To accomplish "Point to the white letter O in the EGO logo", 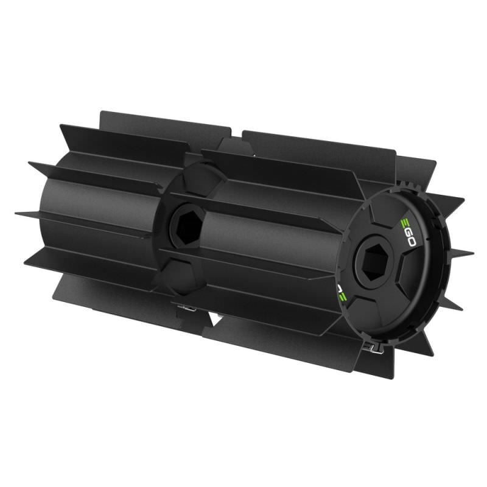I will point(410,242).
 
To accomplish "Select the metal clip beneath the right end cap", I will point(371,348).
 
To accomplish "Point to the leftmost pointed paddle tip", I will point(17,213).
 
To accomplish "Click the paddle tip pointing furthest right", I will point(472,251).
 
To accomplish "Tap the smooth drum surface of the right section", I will point(268,243).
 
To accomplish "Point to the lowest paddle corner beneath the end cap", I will point(390,377).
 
